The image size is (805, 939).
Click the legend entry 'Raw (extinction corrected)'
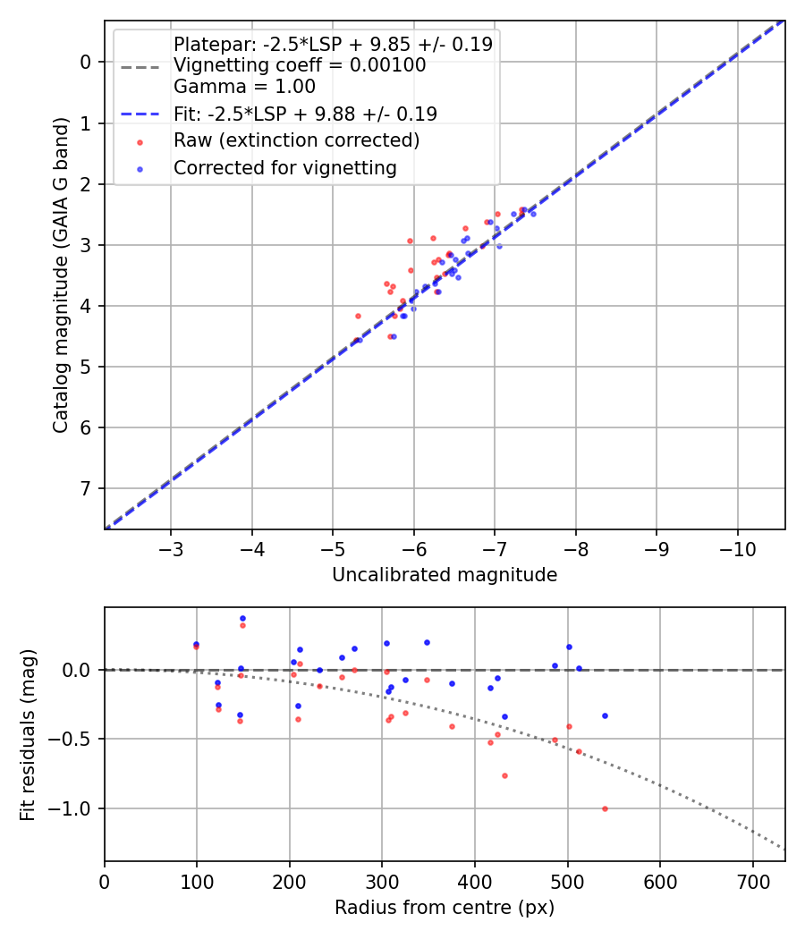pos(296,140)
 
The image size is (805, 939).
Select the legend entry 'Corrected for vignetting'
pos(285,167)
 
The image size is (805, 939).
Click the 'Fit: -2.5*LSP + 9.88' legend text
pos(305,114)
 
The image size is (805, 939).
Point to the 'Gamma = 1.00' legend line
pos(244,87)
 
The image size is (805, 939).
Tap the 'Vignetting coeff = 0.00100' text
pos(300,65)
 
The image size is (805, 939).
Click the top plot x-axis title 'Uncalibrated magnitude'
pos(445,575)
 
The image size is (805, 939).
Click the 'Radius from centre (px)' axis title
pos(445,908)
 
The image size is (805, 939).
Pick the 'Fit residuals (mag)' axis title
pos(28,734)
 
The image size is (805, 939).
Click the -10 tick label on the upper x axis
pos(737,549)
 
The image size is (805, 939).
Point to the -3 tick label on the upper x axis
pos(171,549)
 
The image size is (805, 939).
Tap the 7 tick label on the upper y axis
pos(87,488)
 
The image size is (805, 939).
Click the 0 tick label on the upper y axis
pos(87,62)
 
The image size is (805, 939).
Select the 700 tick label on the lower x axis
pos(752,882)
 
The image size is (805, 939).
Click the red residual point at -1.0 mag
pos(605,808)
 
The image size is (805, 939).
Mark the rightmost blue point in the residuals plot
pos(605,715)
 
